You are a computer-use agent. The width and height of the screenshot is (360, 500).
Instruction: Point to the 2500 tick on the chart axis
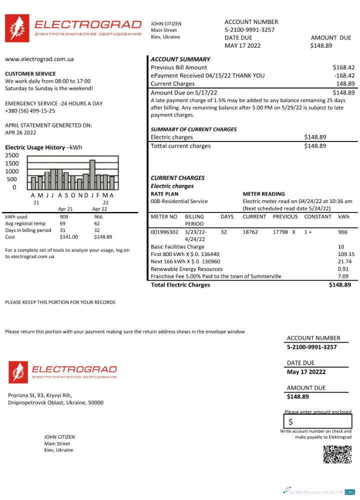[11, 155]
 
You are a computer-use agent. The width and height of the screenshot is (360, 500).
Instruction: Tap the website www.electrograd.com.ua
[39, 59]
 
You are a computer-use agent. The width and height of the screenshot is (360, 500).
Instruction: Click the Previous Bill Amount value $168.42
[343, 67]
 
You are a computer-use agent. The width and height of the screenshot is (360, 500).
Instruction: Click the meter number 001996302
[164, 232]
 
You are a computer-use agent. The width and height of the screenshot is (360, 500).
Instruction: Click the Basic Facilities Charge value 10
[341, 247]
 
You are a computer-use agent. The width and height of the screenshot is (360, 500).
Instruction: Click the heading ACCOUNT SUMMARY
[180, 59]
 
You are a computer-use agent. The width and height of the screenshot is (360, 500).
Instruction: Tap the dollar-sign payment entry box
[317, 421]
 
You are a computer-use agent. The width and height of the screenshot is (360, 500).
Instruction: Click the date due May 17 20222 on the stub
[306, 372]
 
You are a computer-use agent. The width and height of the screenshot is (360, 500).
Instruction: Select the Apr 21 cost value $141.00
[68, 237]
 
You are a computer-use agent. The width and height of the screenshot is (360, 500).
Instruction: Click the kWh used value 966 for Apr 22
[98, 217]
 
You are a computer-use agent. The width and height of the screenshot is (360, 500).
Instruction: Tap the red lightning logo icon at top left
[16, 28]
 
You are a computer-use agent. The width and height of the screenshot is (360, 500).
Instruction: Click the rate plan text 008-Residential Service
[179, 201]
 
